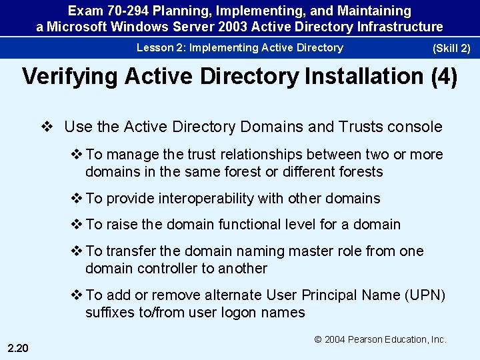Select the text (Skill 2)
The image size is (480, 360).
[x=451, y=48]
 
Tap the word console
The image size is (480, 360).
[x=415, y=127]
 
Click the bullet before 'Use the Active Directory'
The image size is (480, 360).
[x=47, y=127]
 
